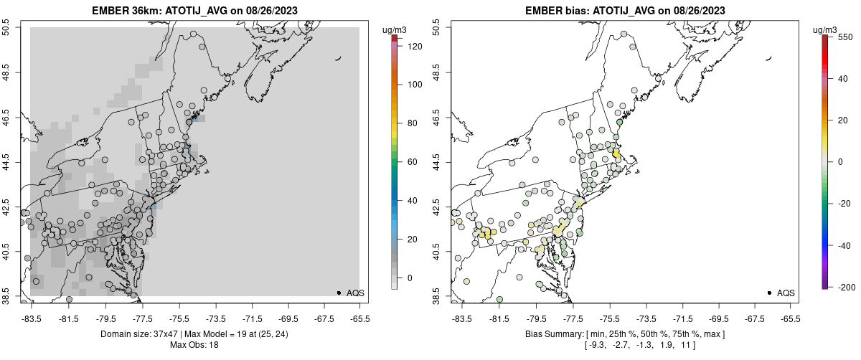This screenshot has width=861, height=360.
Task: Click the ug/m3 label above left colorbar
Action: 396,29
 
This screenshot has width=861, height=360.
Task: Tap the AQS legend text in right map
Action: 786,293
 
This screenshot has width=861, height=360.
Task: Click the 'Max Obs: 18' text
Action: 195,345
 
